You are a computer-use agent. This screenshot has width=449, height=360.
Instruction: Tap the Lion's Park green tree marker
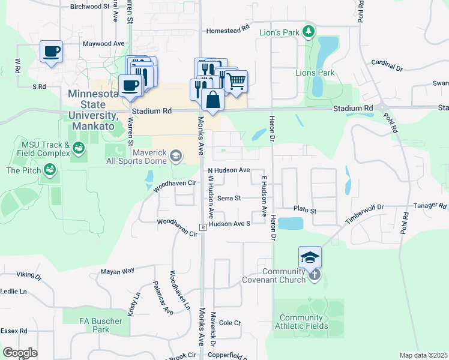[x=309, y=31]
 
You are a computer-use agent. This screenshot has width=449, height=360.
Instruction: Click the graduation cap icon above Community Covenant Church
[x=310, y=257]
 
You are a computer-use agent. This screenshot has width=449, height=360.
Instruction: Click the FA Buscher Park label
[x=101, y=325]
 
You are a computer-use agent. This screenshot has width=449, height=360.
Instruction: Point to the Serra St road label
[x=229, y=198]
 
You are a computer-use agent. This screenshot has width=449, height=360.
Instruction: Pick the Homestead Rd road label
[x=228, y=30]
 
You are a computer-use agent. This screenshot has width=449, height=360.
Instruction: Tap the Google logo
[x=20, y=352]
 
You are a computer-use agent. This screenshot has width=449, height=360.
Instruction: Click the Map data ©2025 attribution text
[x=423, y=355]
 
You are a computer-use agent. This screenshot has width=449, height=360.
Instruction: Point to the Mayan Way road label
[x=117, y=271]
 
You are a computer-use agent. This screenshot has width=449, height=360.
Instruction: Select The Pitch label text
[x=23, y=171]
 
